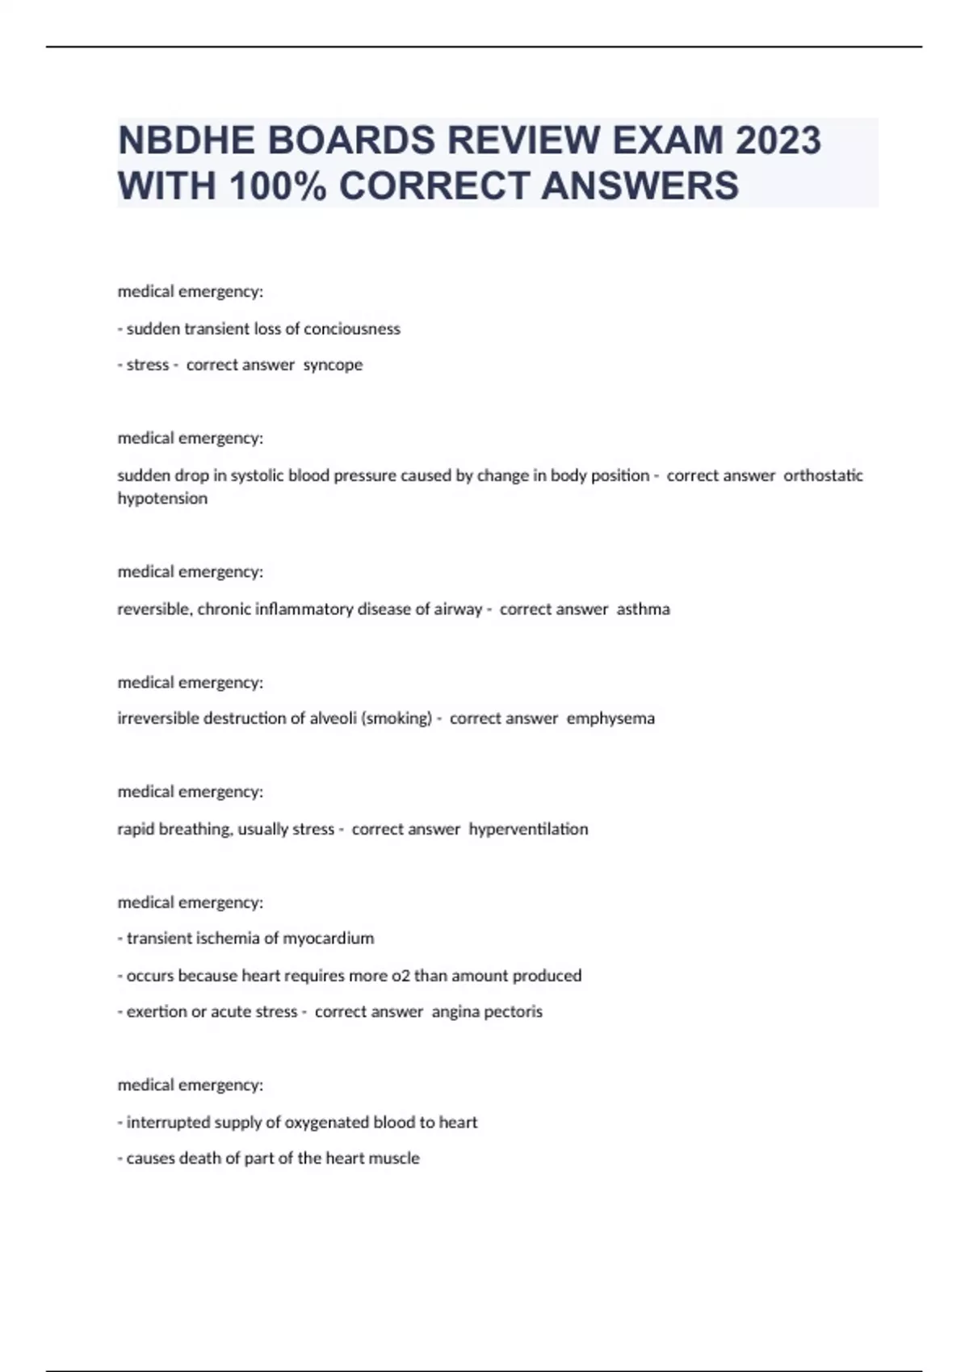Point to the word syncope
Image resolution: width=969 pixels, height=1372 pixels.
(x=333, y=365)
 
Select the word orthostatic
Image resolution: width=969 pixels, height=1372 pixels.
(x=823, y=475)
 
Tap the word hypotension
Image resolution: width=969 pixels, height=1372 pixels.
(x=162, y=499)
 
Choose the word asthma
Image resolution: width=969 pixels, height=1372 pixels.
(x=644, y=609)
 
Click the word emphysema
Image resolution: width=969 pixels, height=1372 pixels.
(x=610, y=718)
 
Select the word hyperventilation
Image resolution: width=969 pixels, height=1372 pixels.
(x=528, y=829)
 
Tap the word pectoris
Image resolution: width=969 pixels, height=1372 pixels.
(x=514, y=1012)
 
